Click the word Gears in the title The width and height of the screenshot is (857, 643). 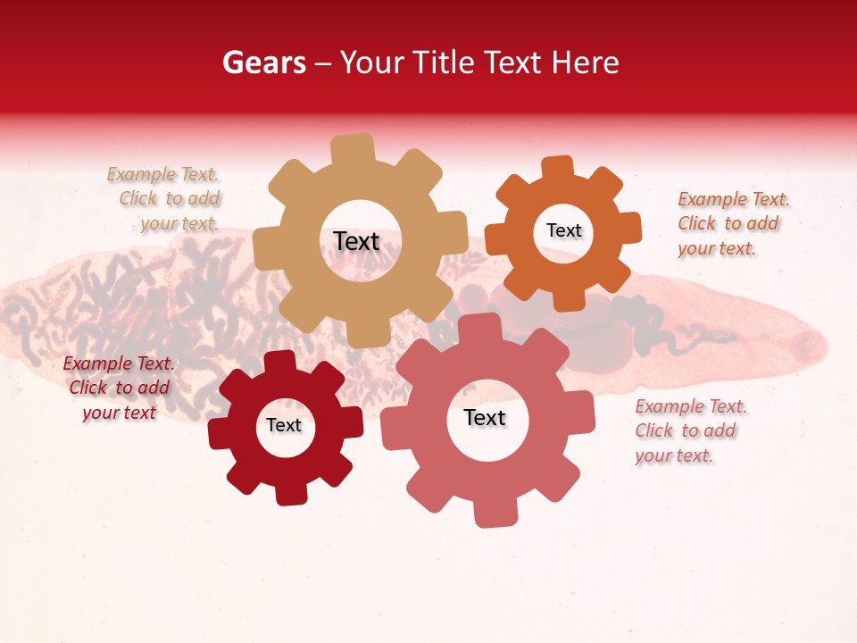(263, 63)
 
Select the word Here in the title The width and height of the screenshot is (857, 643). (586, 63)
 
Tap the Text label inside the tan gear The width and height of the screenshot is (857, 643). (356, 241)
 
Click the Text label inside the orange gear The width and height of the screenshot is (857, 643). (563, 230)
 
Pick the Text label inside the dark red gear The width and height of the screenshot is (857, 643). (284, 425)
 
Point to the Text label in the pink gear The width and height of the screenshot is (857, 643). (485, 418)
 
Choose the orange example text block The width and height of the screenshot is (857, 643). (732, 223)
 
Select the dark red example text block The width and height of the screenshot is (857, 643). (119, 388)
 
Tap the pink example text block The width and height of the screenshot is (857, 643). (689, 430)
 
